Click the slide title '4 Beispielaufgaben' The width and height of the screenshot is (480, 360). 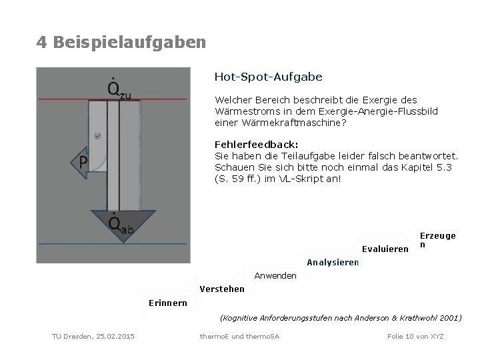pyautogui.click(x=121, y=43)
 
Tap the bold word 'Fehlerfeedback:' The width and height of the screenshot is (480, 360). pyautogui.click(x=256, y=144)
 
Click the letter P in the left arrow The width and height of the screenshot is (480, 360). pyautogui.click(x=84, y=162)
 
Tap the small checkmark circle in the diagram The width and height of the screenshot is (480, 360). pyautogui.click(x=97, y=135)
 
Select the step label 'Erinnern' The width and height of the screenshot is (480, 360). pyautogui.click(x=167, y=303)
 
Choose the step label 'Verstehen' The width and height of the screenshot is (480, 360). pyautogui.click(x=222, y=289)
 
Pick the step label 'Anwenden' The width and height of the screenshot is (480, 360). pyautogui.click(x=275, y=275)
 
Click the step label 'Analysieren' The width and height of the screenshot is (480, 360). pyautogui.click(x=333, y=262)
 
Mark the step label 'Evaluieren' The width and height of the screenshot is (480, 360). pyautogui.click(x=385, y=249)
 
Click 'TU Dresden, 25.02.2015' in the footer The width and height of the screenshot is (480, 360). pyautogui.click(x=93, y=335)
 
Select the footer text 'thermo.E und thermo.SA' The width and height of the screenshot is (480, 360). pyautogui.click(x=239, y=335)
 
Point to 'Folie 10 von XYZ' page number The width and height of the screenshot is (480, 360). pyautogui.click(x=415, y=335)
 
